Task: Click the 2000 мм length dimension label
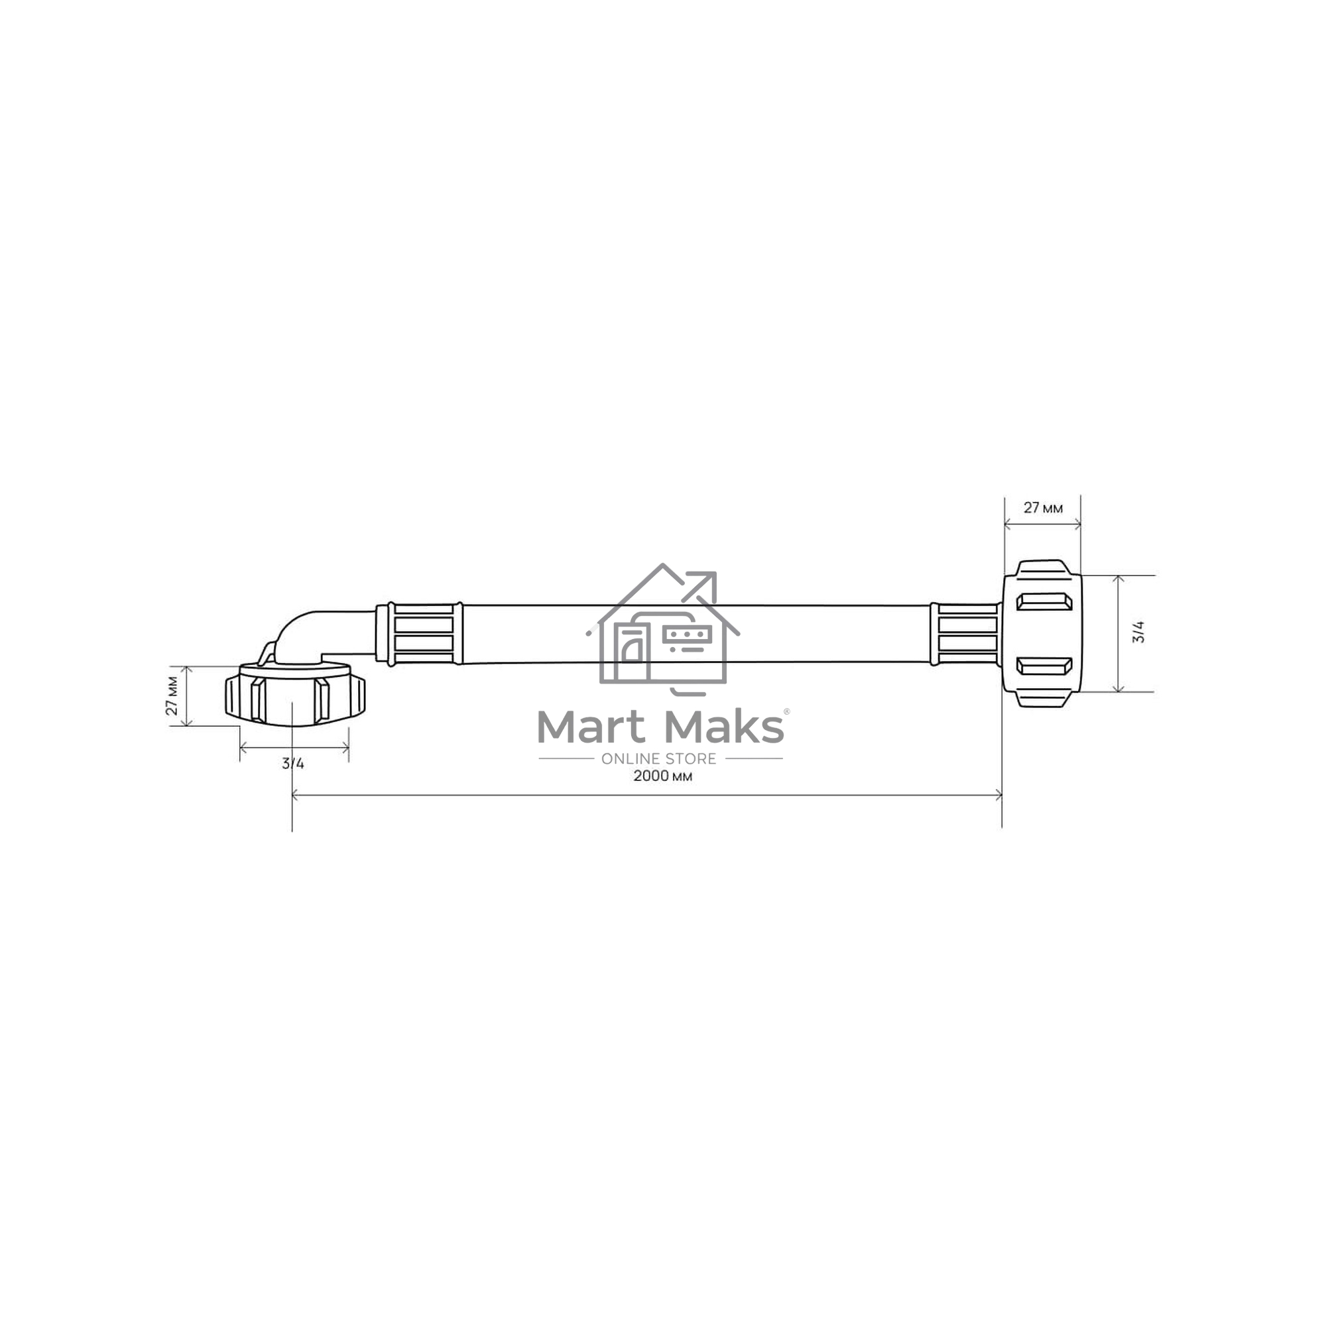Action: (662, 776)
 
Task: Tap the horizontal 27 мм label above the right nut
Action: (1042, 508)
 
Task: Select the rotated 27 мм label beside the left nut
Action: (172, 695)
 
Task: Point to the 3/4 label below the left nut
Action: (293, 763)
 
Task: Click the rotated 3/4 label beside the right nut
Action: (1138, 631)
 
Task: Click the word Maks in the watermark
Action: (725, 727)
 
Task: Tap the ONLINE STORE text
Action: (659, 758)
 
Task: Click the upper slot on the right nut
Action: (1044, 602)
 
